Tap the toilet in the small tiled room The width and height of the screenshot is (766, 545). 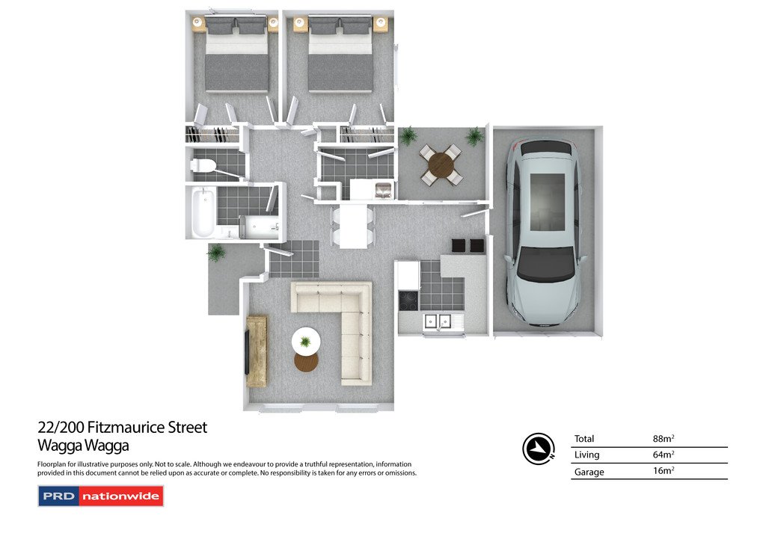click(x=202, y=166)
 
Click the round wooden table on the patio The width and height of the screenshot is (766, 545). click(x=441, y=166)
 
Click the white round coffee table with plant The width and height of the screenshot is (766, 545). click(x=306, y=340)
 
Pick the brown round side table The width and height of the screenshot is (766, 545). click(x=306, y=362)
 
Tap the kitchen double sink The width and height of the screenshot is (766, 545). click(x=437, y=321)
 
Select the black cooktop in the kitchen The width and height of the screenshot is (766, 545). click(x=408, y=301)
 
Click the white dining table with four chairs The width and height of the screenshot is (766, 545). click(x=353, y=226)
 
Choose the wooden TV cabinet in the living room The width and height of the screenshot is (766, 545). click(x=257, y=351)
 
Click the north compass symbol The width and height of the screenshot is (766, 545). click(x=539, y=449)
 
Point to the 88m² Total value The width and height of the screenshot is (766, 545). click(x=664, y=439)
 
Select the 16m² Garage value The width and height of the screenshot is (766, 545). click(x=664, y=471)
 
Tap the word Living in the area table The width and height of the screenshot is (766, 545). click(x=586, y=455)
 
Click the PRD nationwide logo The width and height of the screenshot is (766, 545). click(x=101, y=496)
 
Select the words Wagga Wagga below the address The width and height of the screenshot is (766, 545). click(x=83, y=446)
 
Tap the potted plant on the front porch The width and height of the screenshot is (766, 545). click(x=216, y=253)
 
